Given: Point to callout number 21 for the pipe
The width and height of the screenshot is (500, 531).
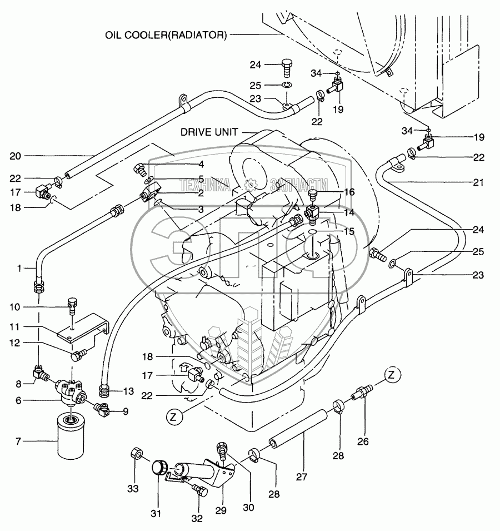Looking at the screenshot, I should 479,182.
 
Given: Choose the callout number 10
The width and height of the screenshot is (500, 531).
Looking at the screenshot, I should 16,307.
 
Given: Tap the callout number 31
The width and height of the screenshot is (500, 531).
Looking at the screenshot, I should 157,514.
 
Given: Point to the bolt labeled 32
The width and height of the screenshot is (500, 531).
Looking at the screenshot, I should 199,490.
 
